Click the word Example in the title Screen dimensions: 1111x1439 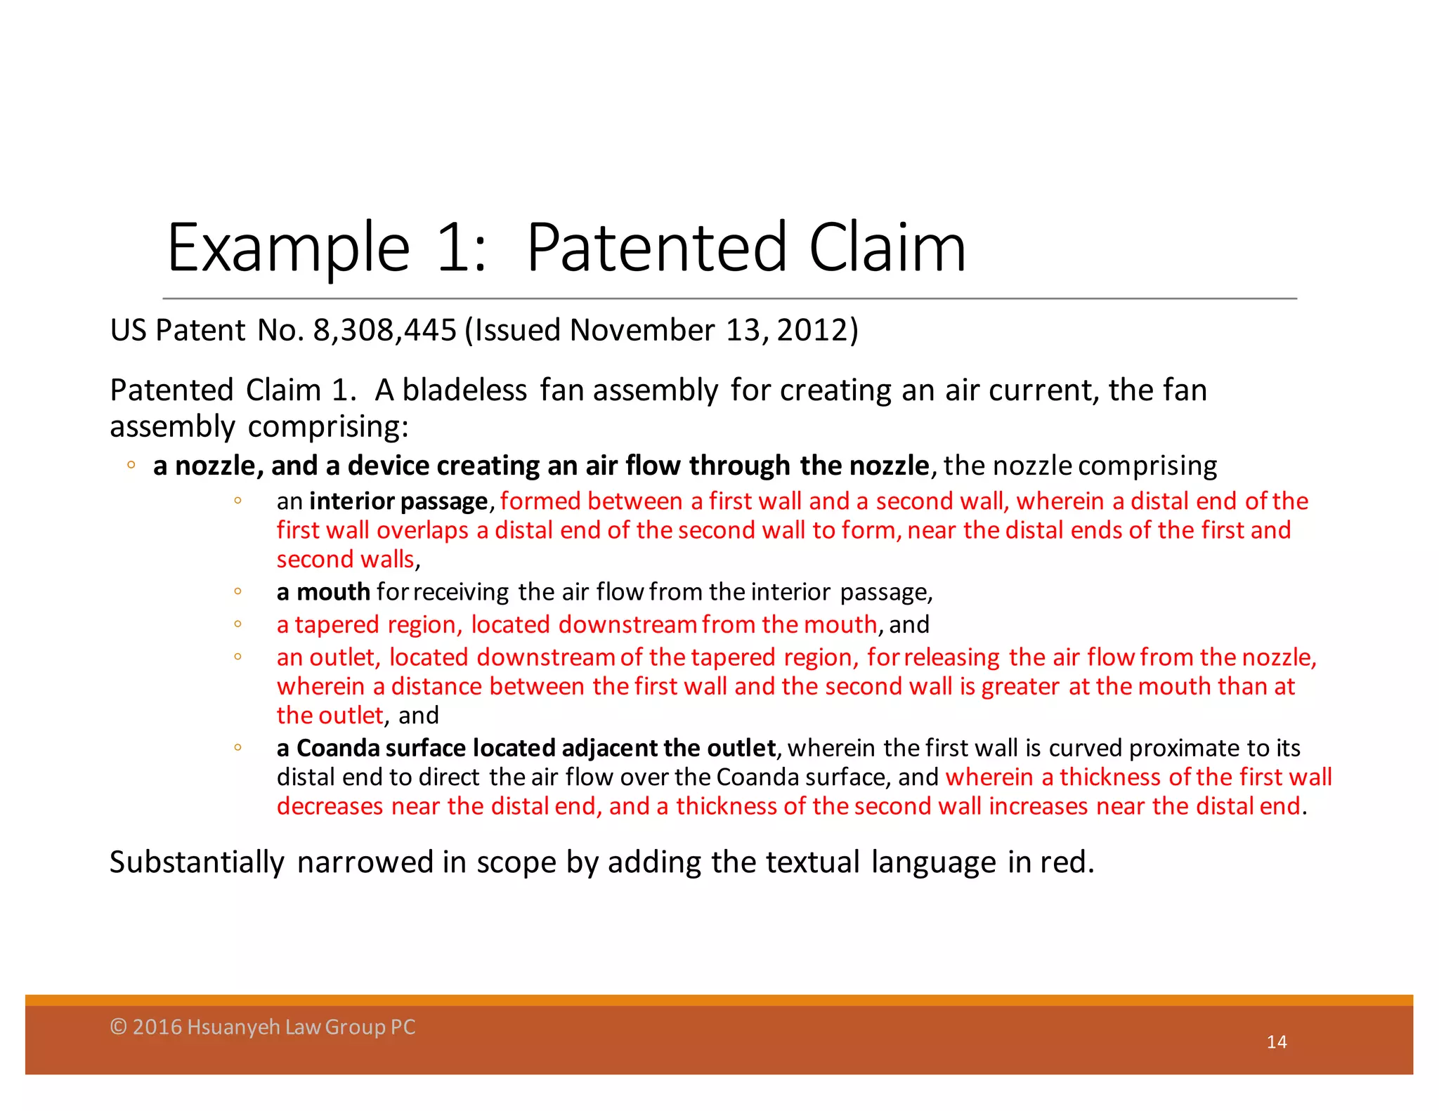[288, 249]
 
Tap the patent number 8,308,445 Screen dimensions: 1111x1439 [384, 330]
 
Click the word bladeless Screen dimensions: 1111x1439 [464, 390]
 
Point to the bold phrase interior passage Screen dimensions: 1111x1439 [398, 501]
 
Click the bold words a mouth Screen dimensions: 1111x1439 [323, 592]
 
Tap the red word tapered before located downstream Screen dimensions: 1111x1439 [337, 624]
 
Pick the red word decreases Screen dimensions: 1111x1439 [330, 806]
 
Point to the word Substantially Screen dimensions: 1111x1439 [197, 862]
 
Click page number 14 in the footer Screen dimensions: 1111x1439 [1276, 1042]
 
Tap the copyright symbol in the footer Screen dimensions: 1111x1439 [118, 1027]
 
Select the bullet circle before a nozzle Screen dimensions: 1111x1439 [131, 465]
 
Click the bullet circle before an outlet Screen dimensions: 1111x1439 [237, 657]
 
